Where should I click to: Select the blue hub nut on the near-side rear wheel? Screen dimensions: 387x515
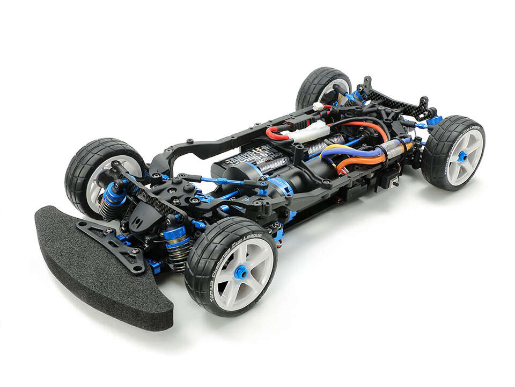[462, 156]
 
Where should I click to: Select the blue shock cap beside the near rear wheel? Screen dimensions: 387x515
[434, 120]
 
